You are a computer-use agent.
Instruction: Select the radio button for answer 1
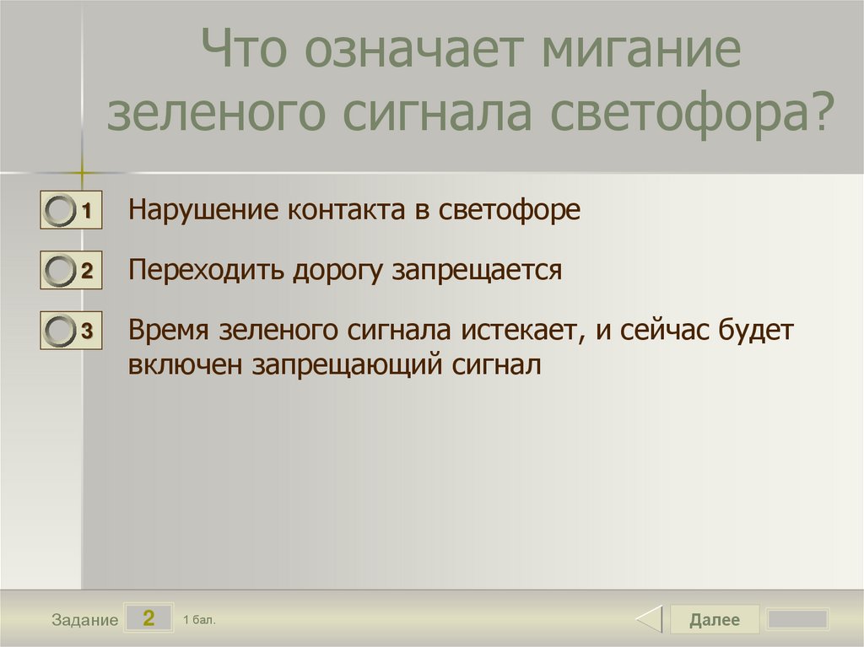coord(60,210)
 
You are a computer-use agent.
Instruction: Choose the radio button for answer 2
coord(60,271)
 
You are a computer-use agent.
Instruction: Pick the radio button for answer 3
coord(60,331)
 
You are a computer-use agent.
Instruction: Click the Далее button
coord(714,619)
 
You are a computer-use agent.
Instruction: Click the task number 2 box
coord(148,617)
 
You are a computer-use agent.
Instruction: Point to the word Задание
coord(85,620)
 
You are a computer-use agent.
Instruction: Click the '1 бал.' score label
coord(199,620)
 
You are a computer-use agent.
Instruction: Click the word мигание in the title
coord(641,48)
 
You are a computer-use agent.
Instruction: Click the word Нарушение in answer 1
coord(203,211)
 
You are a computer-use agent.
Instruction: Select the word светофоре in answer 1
coord(509,211)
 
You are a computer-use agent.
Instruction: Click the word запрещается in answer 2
coord(478,272)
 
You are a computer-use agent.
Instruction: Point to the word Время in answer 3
coord(169,331)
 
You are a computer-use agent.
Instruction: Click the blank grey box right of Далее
coord(798,619)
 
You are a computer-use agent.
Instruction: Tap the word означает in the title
coord(413,48)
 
